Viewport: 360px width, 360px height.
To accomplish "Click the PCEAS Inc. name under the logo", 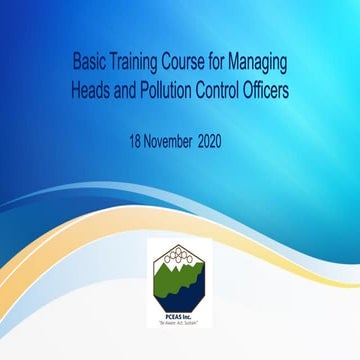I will tap(179, 317).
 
